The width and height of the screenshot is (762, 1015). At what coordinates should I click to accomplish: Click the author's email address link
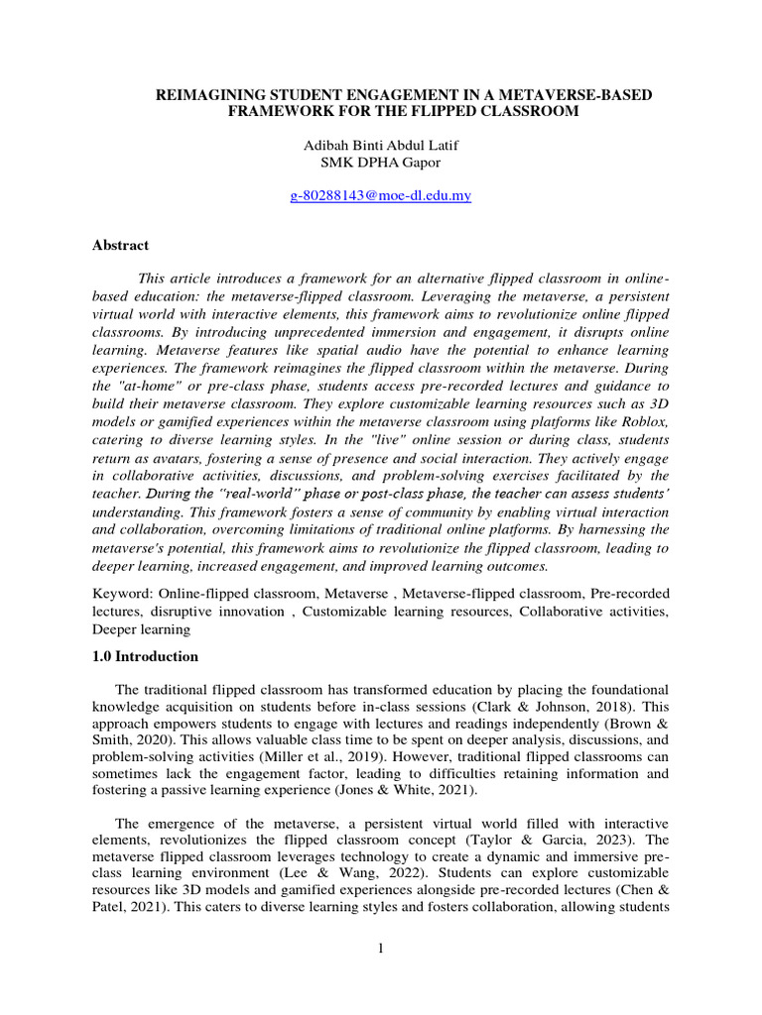[380, 196]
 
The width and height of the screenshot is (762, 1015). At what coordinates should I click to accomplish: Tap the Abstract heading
[121, 245]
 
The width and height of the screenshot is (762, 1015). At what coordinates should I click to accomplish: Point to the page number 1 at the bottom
[380, 949]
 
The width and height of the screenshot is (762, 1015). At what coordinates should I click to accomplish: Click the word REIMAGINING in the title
[211, 94]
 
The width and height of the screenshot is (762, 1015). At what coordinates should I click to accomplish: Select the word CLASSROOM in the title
[527, 111]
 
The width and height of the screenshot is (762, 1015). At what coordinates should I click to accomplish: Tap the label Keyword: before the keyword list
[122, 592]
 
